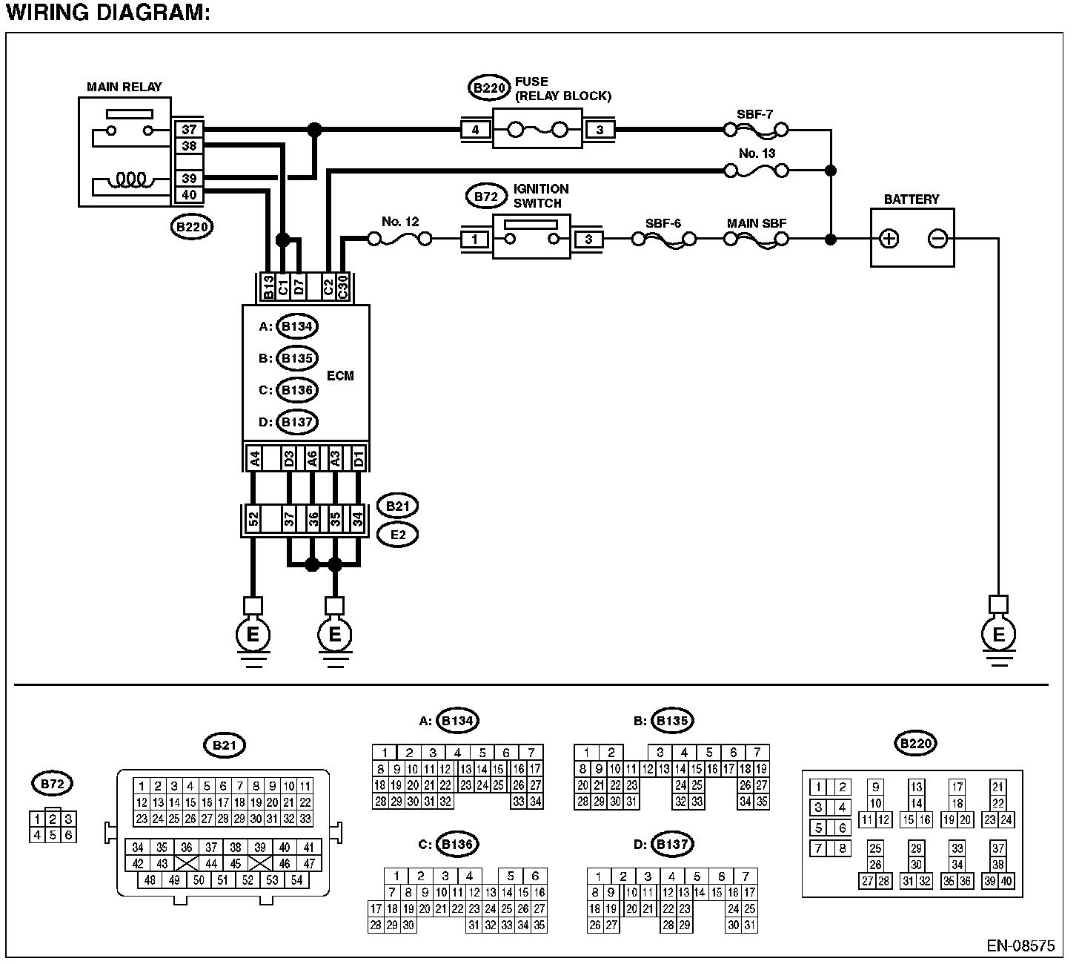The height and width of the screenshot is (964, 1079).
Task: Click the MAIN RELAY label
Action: (x=124, y=87)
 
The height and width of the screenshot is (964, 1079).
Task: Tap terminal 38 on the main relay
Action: (x=189, y=145)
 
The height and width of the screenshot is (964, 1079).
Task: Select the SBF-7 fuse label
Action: (x=754, y=114)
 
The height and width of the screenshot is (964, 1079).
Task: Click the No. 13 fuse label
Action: (x=757, y=153)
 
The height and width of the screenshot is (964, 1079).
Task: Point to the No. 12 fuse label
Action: (x=400, y=222)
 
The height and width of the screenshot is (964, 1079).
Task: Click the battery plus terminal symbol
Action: (x=889, y=238)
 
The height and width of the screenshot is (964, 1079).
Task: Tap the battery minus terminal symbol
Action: (x=937, y=238)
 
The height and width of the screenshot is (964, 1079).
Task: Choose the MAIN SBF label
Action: (x=756, y=223)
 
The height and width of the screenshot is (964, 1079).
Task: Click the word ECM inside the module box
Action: (x=340, y=376)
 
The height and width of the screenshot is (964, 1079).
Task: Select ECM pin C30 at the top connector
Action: (x=343, y=288)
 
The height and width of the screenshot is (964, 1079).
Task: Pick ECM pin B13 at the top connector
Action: (x=268, y=288)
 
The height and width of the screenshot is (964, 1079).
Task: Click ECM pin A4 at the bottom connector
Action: (x=255, y=458)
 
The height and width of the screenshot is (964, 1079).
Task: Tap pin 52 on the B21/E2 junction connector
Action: (x=253, y=519)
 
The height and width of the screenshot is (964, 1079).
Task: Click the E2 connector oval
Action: (x=397, y=535)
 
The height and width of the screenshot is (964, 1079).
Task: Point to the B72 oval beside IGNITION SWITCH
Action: (x=485, y=197)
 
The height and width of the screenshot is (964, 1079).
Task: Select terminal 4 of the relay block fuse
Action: (x=475, y=130)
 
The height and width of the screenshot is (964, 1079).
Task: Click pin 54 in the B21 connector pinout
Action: (x=296, y=879)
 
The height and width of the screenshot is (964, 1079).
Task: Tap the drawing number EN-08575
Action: (x=1020, y=945)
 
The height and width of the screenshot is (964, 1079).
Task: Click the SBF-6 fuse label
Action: (x=663, y=223)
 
